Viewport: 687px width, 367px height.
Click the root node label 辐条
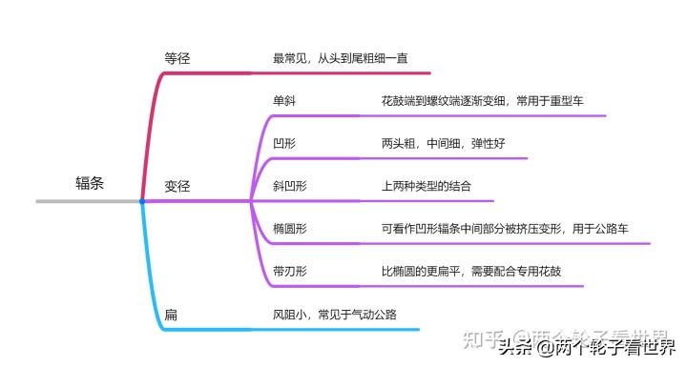tap(90, 184)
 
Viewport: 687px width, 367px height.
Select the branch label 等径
tap(177, 58)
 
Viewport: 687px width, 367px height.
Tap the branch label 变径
tap(177, 187)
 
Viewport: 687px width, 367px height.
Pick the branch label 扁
tap(170, 315)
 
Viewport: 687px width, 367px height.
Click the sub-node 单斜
tap(284, 100)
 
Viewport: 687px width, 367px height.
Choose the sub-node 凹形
tap(284, 143)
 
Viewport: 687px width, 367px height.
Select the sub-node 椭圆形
tap(290, 229)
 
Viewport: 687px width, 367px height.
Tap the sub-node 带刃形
tap(290, 272)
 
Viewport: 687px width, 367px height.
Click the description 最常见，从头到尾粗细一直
tap(342, 58)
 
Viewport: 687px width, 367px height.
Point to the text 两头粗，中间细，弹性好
tap(443, 143)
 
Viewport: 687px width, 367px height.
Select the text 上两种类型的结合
tap(426, 186)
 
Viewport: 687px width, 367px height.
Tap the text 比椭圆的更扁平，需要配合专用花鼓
tap(470, 272)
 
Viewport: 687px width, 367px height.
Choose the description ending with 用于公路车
tap(504, 229)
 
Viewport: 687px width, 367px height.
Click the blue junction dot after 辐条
tap(141, 201)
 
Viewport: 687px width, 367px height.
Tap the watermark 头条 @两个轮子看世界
tap(586, 347)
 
